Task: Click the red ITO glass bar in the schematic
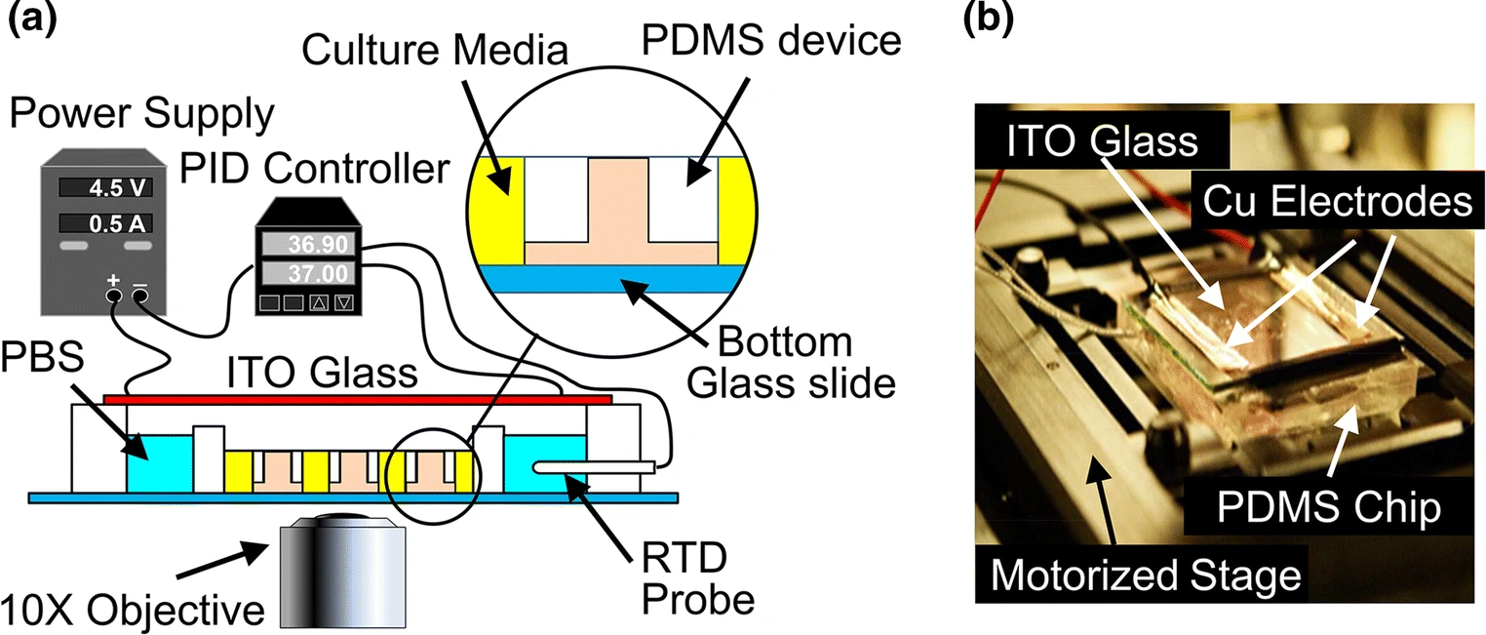[357, 399]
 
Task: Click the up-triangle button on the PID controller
[318, 302]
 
